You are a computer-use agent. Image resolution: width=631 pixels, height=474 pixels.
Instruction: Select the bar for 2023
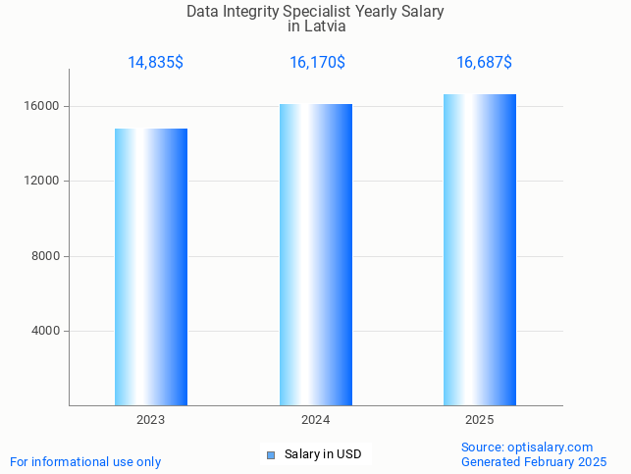(x=151, y=267)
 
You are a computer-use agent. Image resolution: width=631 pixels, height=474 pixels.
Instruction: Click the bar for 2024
(x=315, y=255)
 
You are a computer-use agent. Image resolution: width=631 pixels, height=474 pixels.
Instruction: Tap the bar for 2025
(x=480, y=250)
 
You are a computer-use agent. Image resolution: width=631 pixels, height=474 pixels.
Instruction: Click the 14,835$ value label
(x=155, y=63)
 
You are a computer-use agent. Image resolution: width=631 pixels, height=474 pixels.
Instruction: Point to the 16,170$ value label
(x=317, y=63)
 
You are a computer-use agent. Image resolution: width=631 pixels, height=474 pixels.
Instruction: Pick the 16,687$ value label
(x=484, y=63)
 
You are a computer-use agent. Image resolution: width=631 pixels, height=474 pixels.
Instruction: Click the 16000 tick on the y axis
(x=43, y=106)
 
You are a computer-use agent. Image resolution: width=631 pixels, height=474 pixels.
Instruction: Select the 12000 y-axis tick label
(x=43, y=182)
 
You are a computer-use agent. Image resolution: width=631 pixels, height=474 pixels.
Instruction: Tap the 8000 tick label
(x=46, y=256)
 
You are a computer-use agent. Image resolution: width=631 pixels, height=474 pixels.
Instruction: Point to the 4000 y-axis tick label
(x=46, y=332)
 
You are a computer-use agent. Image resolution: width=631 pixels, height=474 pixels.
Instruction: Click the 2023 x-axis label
(x=151, y=420)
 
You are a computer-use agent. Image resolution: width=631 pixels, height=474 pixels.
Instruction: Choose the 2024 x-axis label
(x=315, y=420)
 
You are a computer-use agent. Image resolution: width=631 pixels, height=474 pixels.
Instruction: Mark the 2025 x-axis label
(x=480, y=420)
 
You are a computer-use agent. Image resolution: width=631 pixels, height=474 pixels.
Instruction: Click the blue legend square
(x=271, y=454)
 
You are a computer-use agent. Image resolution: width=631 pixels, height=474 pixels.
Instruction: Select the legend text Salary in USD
(x=323, y=454)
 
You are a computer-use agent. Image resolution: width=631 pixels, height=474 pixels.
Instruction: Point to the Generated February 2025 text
(x=534, y=461)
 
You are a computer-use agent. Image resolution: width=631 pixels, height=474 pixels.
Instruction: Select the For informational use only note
(x=85, y=461)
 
